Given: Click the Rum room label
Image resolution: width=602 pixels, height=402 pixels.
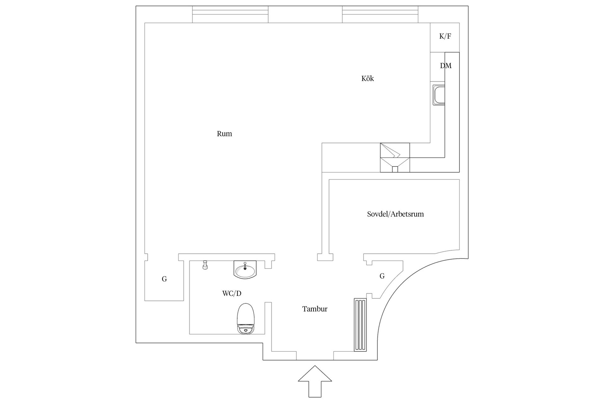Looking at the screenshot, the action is pyautogui.click(x=224, y=134).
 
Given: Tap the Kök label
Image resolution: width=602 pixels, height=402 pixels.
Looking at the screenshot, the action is pyautogui.click(x=367, y=79).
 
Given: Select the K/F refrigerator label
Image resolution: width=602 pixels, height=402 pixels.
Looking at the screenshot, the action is pyautogui.click(x=445, y=36).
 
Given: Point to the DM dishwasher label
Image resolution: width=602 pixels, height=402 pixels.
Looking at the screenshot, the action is pyautogui.click(x=446, y=66).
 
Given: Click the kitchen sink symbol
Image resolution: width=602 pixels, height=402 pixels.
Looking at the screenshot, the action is pyautogui.click(x=439, y=95).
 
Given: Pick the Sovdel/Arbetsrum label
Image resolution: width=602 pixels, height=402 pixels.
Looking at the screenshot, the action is pyautogui.click(x=395, y=214).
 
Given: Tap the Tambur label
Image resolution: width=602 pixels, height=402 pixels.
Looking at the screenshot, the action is pyautogui.click(x=315, y=309).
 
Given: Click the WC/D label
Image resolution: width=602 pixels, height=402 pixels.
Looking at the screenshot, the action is pyautogui.click(x=232, y=294).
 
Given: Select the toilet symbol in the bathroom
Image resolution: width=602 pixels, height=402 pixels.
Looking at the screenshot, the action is pyautogui.click(x=245, y=319).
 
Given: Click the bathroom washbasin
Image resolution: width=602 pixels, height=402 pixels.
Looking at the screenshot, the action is pyautogui.click(x=245, y=269).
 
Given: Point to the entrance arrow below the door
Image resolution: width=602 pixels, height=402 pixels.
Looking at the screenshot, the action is pyautogui.click(x=315, y=381).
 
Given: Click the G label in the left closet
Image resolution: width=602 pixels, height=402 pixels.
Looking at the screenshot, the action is pyautogui.click(x=164, y=279).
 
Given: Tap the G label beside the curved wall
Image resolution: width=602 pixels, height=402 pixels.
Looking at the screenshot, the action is pyautogui.click(x=382, y=276).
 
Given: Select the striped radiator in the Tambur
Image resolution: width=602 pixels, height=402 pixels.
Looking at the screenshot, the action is pyautogui.click(x=360, y=325).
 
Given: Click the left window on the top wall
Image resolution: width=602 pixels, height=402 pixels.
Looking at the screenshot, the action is pyautogui.click(x=230, y=14).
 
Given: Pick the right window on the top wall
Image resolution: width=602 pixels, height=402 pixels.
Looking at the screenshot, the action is pyautogui.click(x=380, y=14).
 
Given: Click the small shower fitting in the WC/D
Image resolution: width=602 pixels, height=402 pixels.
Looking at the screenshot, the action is pyautogui.click(x=205, y=265).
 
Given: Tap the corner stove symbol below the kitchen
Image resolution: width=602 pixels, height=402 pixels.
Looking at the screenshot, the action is pyautogui.click(x=395, y=158).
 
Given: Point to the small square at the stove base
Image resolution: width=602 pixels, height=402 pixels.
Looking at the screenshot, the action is pyautogui.click(x=395, y=169).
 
